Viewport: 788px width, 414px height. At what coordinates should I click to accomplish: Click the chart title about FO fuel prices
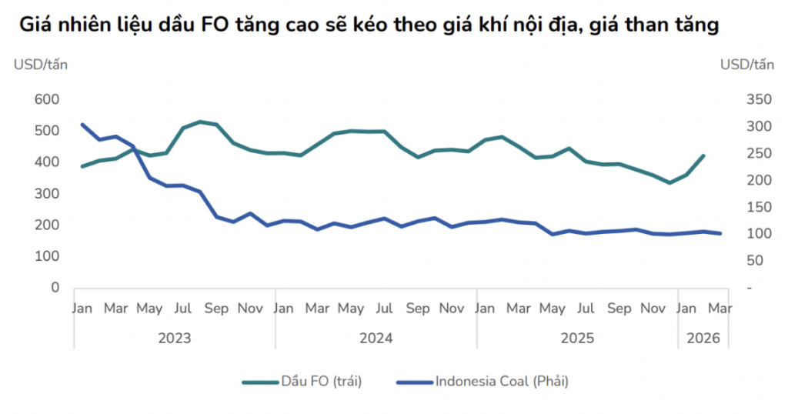tap(369, 25)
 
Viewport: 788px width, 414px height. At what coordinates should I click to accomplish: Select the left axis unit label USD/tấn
tap(41, 64)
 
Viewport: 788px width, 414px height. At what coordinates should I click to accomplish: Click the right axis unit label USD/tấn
tap(747, 64)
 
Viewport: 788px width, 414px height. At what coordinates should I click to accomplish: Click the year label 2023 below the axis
tap(175, 338)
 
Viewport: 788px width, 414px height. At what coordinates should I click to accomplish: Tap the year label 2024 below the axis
tap(376, 338)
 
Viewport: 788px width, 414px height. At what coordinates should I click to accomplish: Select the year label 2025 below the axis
tap(578, 338)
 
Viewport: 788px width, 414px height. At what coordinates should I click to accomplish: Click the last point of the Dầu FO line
tap(703, 155)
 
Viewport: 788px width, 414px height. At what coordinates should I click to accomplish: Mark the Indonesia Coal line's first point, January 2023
tap(82, 124)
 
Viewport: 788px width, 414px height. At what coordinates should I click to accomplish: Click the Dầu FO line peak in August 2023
tap(200, 122)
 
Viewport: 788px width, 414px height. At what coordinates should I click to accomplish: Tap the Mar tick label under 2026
tap(720, 309)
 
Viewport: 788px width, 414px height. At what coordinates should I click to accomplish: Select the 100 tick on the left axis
tap(47, 256)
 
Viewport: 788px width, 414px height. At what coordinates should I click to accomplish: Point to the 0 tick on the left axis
tap(55, 288)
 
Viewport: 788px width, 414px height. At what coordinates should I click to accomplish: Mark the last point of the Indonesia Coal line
tap(720, 233)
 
